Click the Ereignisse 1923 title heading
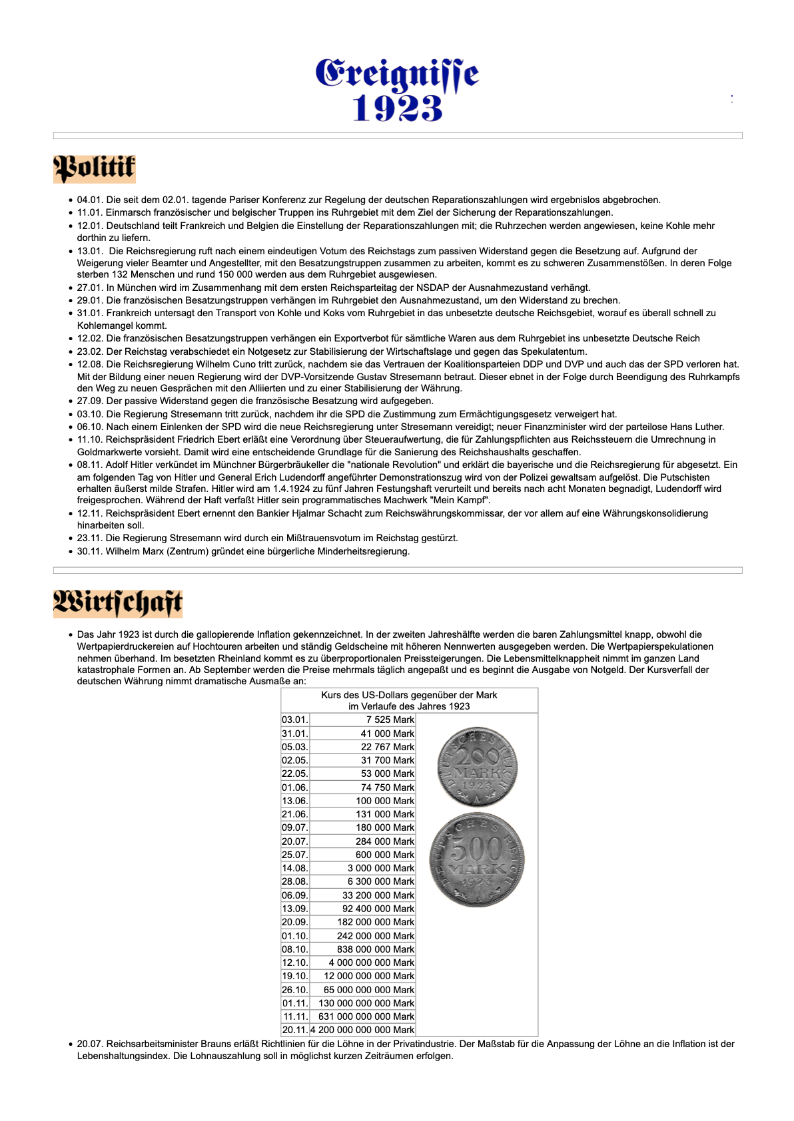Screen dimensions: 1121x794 pyautogui.click(x=397, y=90)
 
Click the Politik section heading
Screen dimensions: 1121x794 pyautogui.click(x=95, y=168)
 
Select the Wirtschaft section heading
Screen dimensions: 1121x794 pyautogui.click(x=118, y=603)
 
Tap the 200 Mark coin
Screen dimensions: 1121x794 pyautogui.click(x=477, y=766)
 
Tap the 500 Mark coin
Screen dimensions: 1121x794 pyautogui.click(x=477, y=859)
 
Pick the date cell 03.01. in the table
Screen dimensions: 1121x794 pyautogui.click(x=295, y=720)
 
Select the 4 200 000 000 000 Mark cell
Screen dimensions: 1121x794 pyautogui.click(x=363, y=1030)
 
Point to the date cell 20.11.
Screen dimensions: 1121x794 pyautogui.click(x=295, y=1030)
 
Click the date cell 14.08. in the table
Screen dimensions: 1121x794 pyautogui.click(x=295, y=868)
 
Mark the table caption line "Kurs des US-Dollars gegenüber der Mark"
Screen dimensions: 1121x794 pyautogui.click(x=409, y=695)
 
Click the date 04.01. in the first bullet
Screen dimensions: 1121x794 pyautogui.click(x=90, y=200)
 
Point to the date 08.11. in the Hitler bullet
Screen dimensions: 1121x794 pyautogui.click(x=90, y=465)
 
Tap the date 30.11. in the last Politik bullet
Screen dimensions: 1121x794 pyautogui.click(x=90, y=551)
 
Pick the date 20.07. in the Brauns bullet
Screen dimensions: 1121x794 pyautogui.click(x=90, y=1044)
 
